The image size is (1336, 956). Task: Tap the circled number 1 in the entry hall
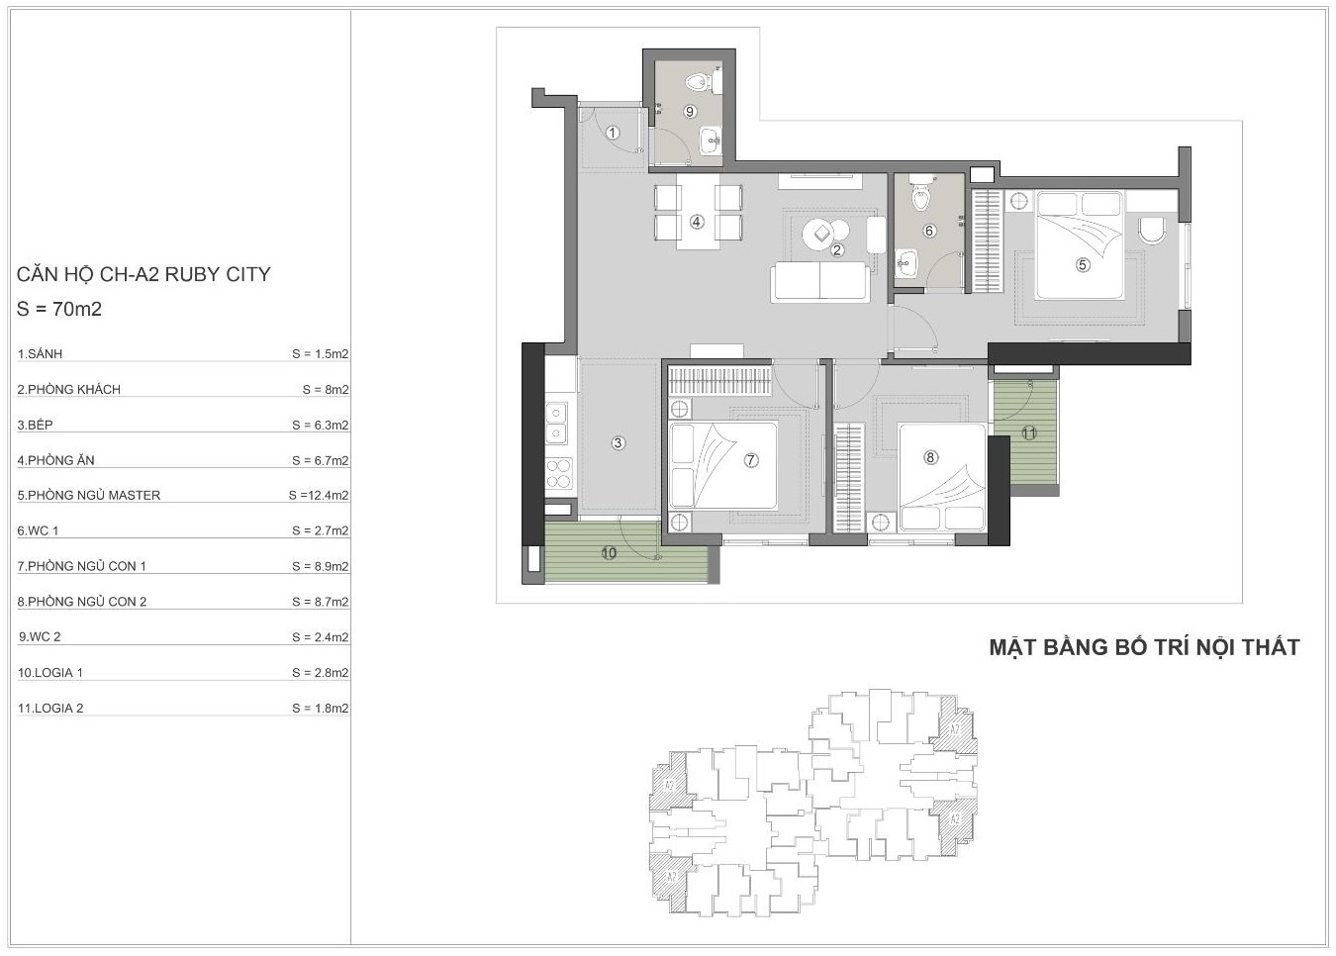[613, 133]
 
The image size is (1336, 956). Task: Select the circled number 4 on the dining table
[697, 222]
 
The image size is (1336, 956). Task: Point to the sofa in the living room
[820, 282]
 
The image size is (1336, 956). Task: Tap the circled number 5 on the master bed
[1083, 265]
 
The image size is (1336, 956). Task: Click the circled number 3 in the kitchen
[618, 442]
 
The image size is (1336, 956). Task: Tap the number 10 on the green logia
[609, 553]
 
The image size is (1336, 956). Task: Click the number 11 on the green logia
[1029, 433]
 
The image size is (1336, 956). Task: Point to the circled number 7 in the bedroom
[751, 460]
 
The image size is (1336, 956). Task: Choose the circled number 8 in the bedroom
[930, 457]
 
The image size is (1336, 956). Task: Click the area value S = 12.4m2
[319, 495]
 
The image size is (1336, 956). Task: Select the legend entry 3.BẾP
[36, 425]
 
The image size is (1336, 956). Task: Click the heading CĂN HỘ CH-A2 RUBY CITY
[143, 274]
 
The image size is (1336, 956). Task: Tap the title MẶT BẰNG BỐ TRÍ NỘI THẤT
[1145, 647]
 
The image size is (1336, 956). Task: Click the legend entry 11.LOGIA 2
[50, 708]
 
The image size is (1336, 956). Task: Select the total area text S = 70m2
[59, 309]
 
